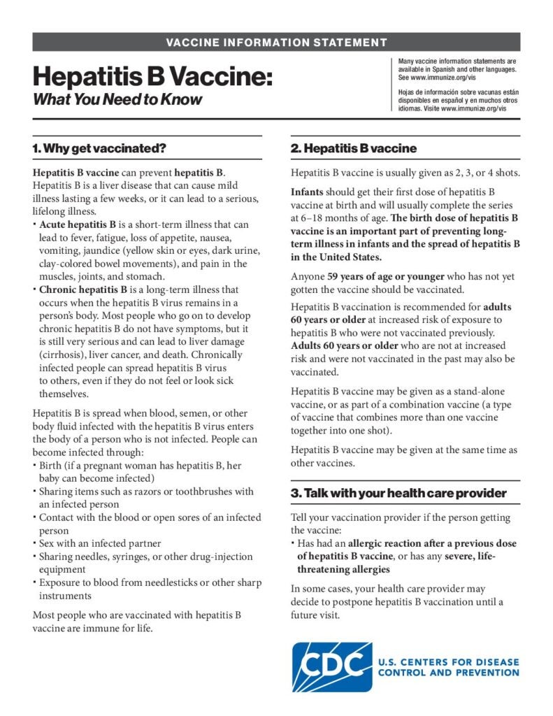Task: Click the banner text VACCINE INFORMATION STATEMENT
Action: coord(276,43)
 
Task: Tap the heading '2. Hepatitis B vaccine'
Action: coord(353,148)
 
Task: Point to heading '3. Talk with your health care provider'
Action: coord(398,493)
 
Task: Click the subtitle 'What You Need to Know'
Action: coord(117,99)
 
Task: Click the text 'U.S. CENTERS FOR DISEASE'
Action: coord(448,661)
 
